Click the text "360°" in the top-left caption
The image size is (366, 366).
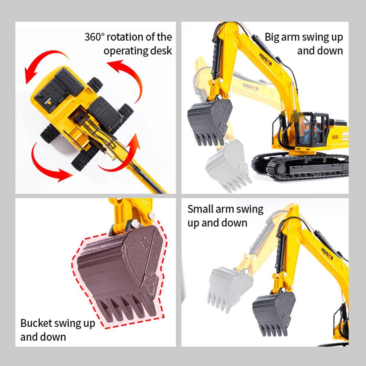coord(95,37)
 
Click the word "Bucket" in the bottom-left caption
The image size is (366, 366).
coord(36,323)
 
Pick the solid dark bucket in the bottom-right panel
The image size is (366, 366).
coord(274,316)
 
